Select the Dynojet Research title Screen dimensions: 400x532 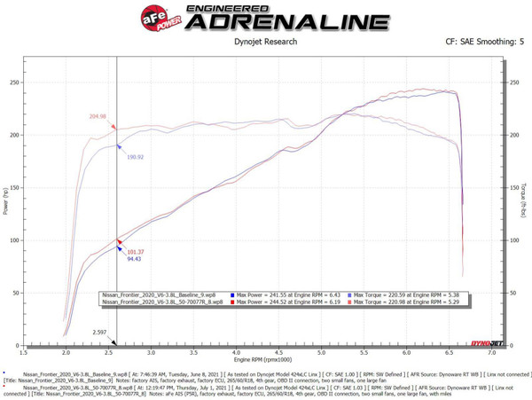click(x=267, y=42)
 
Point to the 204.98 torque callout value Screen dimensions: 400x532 click(x=98, y=116)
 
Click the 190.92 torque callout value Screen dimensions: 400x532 click(x=135, y=157)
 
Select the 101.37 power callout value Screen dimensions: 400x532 click(x=135, y=251)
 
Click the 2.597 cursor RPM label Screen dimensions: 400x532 click(x=103, y=333)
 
